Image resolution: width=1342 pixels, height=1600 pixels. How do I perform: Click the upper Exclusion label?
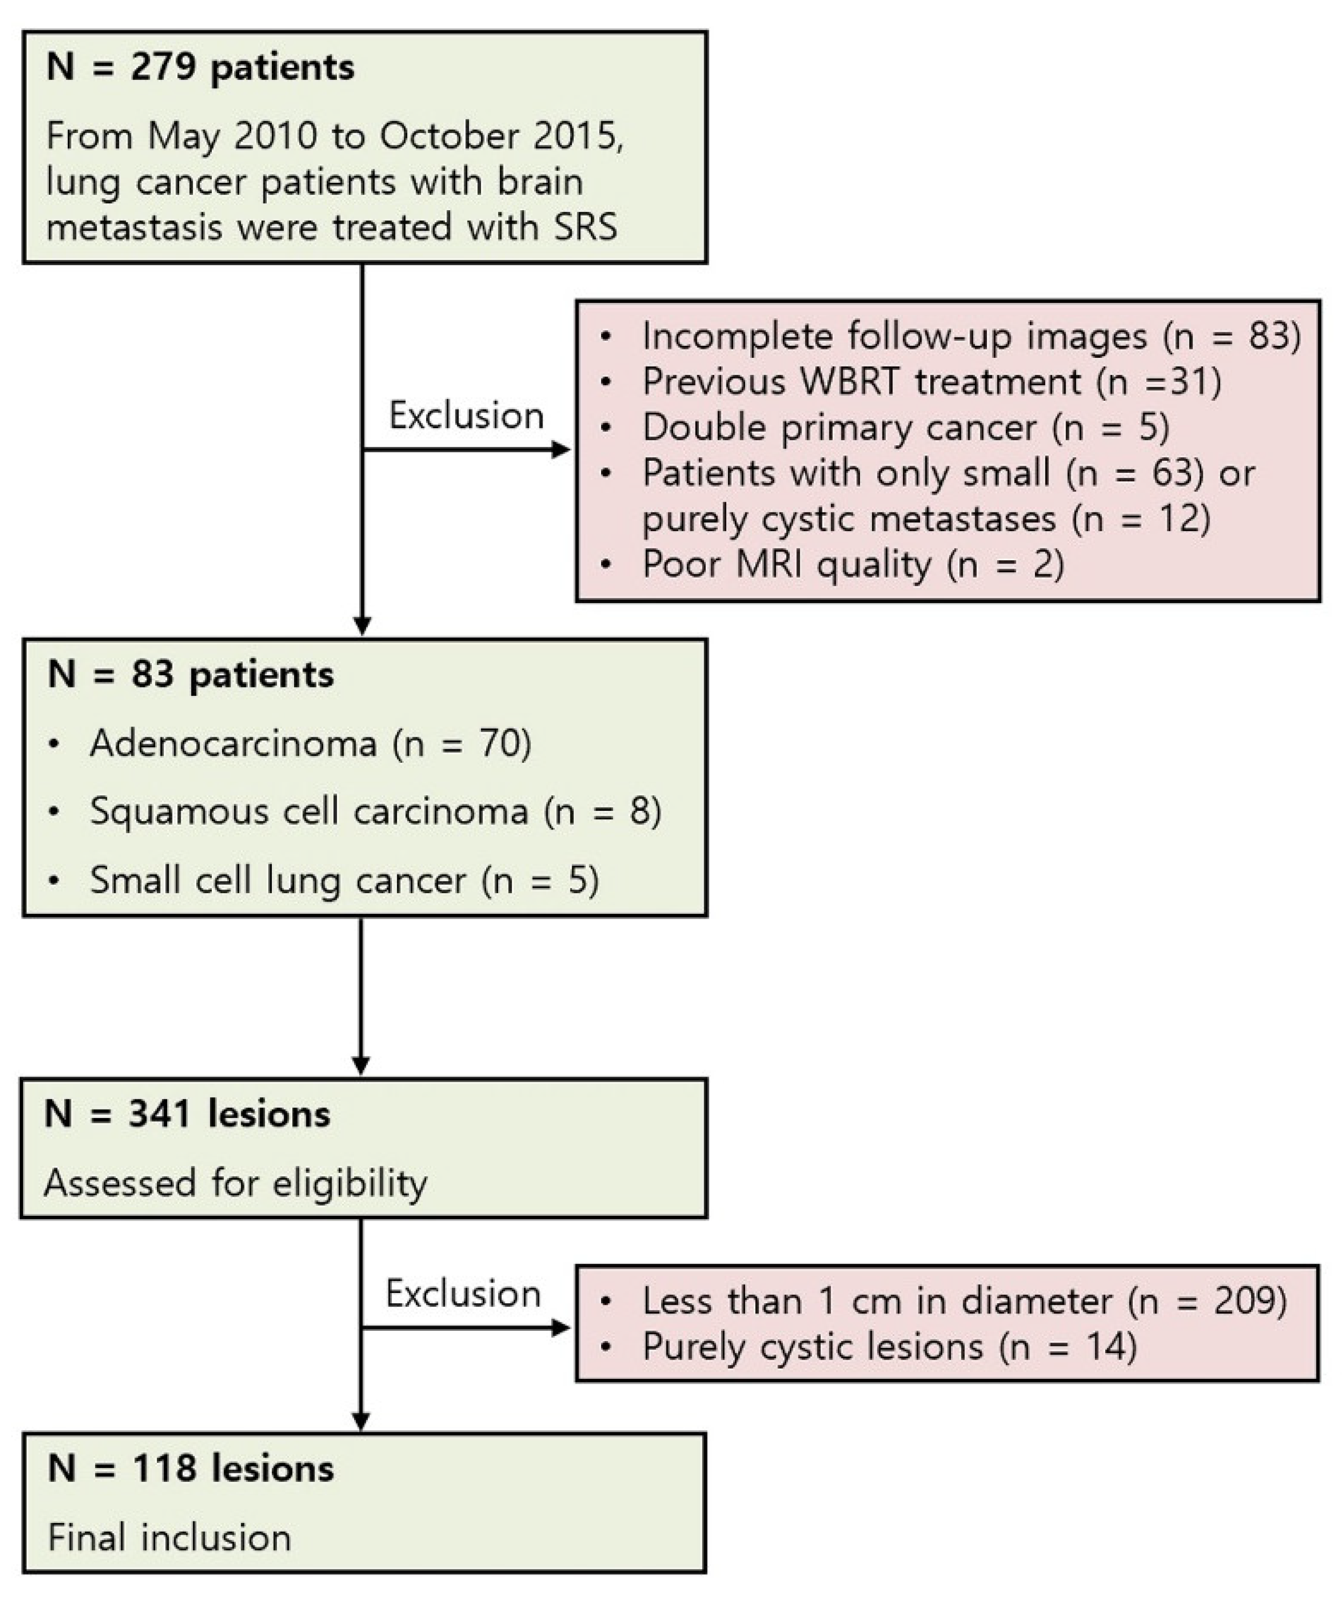pos(466,416)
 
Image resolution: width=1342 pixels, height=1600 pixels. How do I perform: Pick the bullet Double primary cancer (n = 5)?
pos(905,427)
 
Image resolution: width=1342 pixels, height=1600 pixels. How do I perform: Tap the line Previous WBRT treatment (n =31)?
pos(931,382)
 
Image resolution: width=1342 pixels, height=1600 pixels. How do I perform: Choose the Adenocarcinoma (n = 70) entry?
pos(310,744)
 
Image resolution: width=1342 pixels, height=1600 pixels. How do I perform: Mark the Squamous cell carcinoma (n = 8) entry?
pos(375,811)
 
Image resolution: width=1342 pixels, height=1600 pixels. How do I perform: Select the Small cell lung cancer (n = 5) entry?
pos(344,881)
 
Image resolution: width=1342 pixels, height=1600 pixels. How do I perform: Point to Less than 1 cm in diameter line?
pos(964,1301)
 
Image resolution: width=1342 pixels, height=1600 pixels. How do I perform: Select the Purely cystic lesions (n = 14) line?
pos(889,1347)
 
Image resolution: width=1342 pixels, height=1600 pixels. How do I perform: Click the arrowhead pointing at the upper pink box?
pos(561,449)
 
